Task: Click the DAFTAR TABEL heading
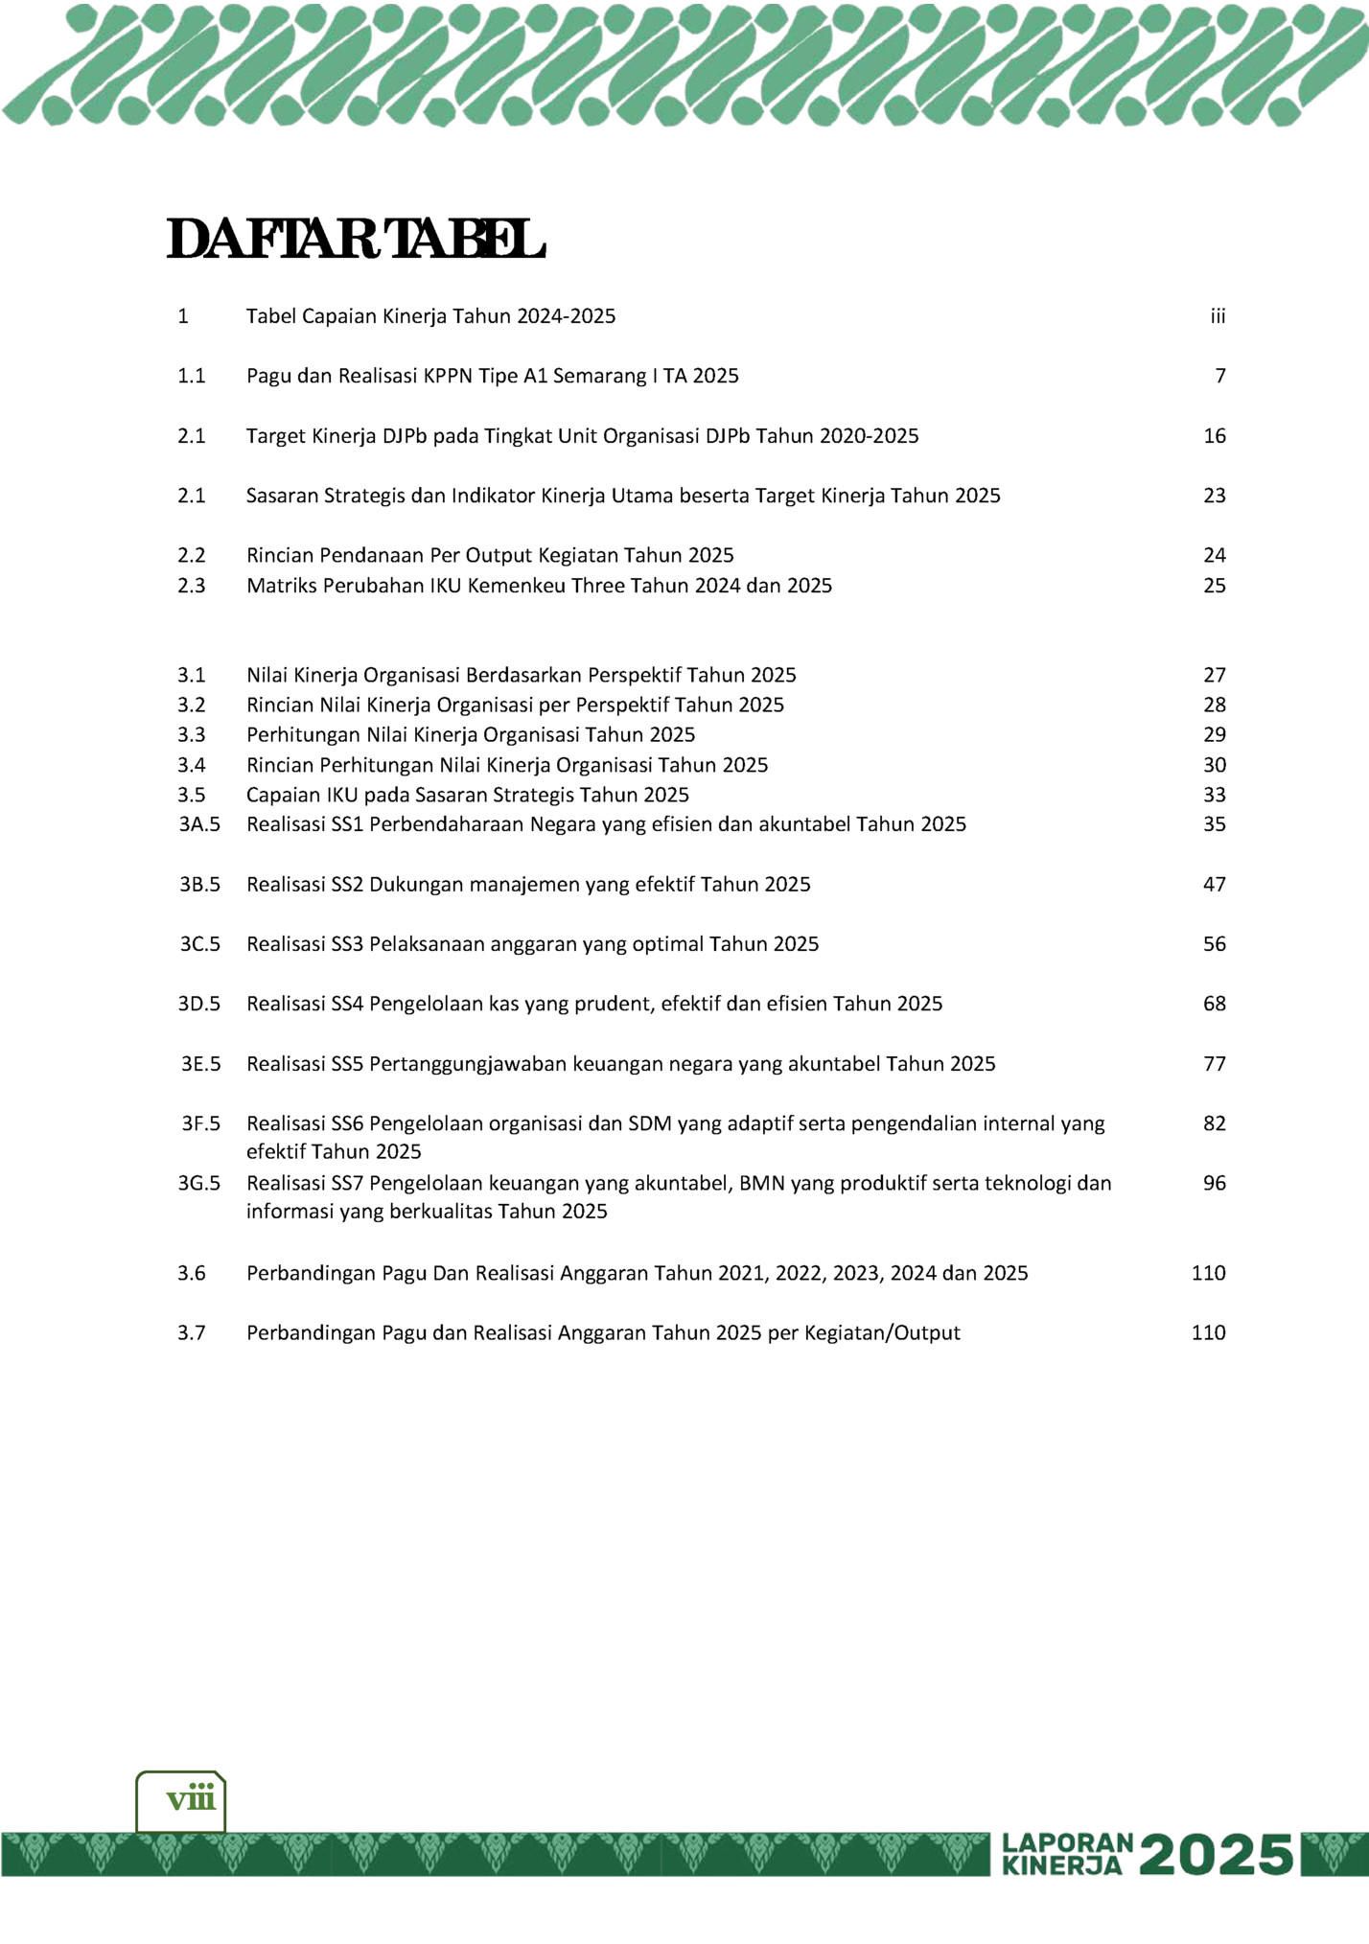tap(356, 240)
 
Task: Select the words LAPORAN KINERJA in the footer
tap(1067, 1854)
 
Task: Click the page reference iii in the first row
tap(1218, 316)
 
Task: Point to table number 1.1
tap(192, 376)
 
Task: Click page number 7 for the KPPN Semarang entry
tap(1220, 376)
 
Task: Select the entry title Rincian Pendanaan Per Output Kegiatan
tap(490, 555)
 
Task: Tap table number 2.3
tap(192, 586)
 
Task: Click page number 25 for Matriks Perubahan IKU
tap(1215, 586)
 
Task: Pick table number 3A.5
tap(199, 824)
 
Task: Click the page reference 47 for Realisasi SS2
tap(1215, 884)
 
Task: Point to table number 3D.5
tap(199, 1004)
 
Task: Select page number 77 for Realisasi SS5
tap(1215, 1063)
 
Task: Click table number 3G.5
tap(199, 1183)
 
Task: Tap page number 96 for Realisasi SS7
tap(1215, 1183)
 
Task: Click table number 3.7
tap(192, 1332)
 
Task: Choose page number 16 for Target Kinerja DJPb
tap(1215, 436)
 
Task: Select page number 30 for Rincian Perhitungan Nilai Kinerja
tap(1215, 765)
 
